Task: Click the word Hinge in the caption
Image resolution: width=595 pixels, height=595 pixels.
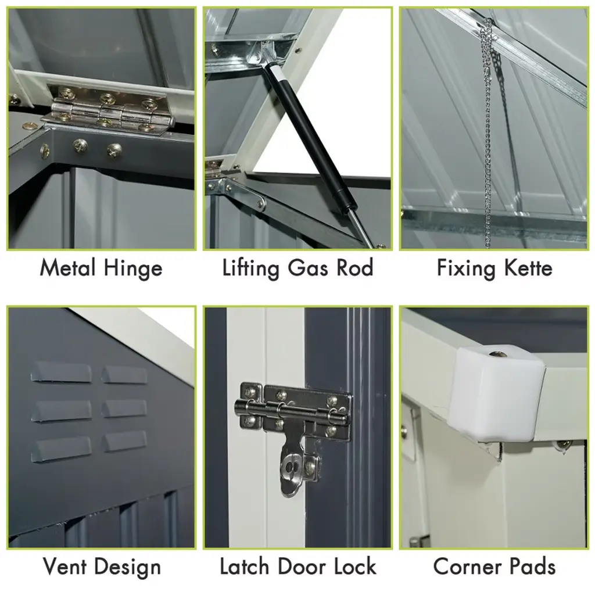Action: (133, 269)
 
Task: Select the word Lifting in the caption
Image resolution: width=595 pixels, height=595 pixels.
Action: (250, 269)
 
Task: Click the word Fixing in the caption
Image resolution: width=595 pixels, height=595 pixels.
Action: (467, 269)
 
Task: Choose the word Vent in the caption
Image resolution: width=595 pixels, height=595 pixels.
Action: (64, 567)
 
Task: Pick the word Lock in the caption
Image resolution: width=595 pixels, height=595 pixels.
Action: (356, 567)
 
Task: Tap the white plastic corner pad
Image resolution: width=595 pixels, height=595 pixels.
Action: (497, 395)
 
